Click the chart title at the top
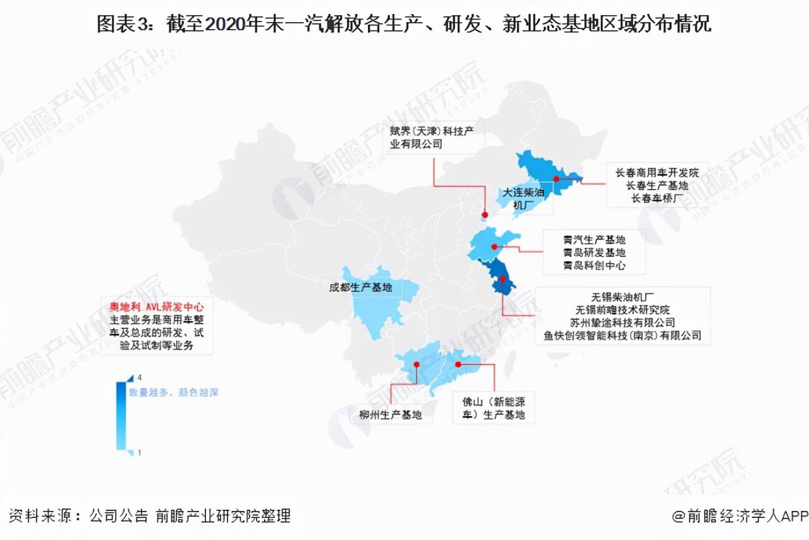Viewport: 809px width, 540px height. (404, 23)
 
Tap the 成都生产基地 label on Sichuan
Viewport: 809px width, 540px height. (360, 288)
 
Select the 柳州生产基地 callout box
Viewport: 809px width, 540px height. (390, 415)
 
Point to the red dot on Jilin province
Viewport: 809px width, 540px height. (557, 179)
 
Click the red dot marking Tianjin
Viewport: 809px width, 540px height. (484, 215)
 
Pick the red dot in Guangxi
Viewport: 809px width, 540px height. (417, 364)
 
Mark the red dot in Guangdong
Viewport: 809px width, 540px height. (458, 364)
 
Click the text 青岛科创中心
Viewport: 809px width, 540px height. (594, 266)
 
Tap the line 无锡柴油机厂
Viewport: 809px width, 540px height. (622, 296)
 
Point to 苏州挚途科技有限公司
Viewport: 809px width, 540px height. (622, 322)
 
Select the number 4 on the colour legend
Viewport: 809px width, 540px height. (131, 377)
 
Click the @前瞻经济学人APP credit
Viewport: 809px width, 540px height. (739, 515)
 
